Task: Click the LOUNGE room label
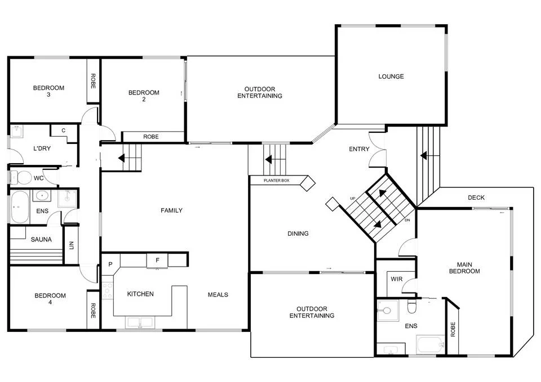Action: [x=391, y=77]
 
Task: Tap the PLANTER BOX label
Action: [x=277, y=181]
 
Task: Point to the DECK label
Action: [x=476, y=197]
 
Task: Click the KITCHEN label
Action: [x=140, y=294]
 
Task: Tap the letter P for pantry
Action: [x=110, y=264]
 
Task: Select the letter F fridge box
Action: [x=157, y=260]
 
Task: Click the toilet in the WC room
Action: [x=23, y=178]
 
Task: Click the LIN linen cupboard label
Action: [x=71, y=245]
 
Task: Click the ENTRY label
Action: [x=359, y=149]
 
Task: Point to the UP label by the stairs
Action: [x=353, y=199]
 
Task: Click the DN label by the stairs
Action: [x=407, y=220]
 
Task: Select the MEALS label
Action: [x=218, y=295]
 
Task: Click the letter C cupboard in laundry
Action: [x=63, y=131]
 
